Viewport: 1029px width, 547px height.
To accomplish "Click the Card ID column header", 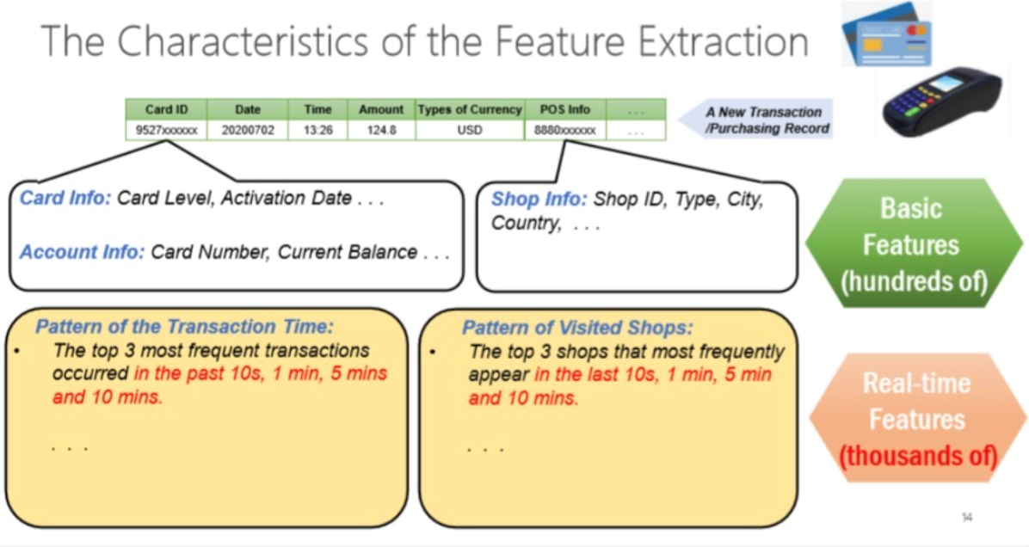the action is coord(166,109).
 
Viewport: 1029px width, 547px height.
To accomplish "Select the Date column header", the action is coord(248,109).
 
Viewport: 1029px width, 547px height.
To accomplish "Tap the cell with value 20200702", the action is coord(248,130).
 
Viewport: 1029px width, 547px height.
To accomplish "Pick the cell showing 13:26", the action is coord(317,130).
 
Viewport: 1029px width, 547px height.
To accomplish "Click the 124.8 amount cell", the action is coord(381,130).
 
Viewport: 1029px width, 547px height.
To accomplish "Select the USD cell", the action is coord(470,130).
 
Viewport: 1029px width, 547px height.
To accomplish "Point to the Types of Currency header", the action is coord(470,109).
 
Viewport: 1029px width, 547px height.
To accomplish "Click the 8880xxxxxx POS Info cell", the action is coord(565,130).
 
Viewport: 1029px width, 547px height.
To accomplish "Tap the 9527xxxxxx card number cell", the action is coord(166,130).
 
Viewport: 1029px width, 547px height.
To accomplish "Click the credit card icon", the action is coord(886,34).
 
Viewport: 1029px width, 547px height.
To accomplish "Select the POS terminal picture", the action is coord(942,101).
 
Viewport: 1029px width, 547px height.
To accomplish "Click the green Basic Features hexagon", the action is coord(914,244).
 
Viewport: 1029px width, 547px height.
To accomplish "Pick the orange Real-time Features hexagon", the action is coord(917,419).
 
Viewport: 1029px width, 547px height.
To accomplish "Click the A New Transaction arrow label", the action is coord(755,120).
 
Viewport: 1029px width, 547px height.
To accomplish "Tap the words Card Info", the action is coord(65,198).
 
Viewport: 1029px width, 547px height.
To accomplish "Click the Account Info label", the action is coord(82,252).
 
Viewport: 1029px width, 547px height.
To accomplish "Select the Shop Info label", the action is coord(539,199).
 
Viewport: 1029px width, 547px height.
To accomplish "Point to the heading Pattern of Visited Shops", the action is coord(577,328).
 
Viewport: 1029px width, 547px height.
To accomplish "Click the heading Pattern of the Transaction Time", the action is coord(184,326).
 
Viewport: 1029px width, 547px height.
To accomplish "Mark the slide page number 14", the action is coord(967,518).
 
